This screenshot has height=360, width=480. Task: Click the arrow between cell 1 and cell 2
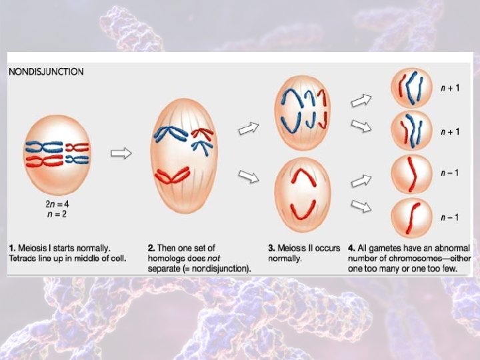pos(121,153)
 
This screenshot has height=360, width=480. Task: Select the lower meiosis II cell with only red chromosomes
pos(302,193)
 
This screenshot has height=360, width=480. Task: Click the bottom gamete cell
pos(408,217)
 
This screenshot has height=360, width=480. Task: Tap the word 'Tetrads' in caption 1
pos(23,258)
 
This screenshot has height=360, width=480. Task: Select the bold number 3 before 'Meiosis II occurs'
pos(270,248)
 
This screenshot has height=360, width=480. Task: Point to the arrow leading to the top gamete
pos(361,101)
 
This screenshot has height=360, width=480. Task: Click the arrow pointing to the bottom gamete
pos(361,208)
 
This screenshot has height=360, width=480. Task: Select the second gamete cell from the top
pos(408,131)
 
